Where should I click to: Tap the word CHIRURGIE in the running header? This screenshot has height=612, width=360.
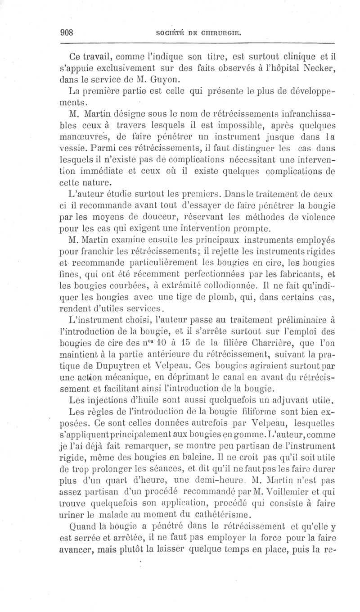[222, 33]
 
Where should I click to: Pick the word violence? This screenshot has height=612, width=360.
[315, 218]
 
